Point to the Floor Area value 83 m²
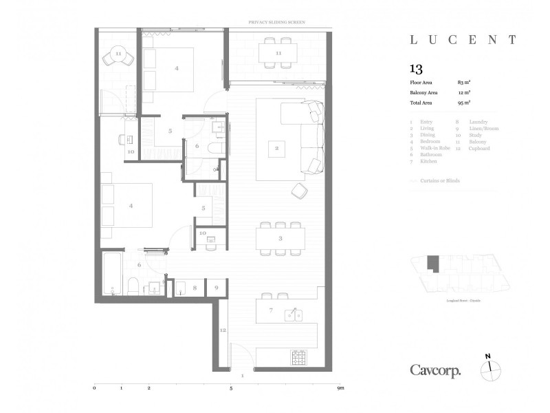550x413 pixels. tap(464, 83)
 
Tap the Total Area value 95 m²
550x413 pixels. tap(464, 102)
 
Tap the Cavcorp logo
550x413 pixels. tap(435, 370)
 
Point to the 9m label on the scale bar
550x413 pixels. tap(340, 388)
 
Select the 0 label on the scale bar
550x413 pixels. tap(94, 388)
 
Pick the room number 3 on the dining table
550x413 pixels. tap(280, 238)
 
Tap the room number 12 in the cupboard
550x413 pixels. tap(222, 330)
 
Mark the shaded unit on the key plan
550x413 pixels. tap(432, 263)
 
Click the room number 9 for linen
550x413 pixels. tap(217, 287)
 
